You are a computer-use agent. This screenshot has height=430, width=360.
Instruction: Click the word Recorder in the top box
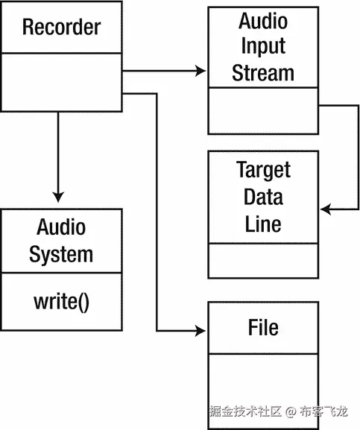[x=61, y=28]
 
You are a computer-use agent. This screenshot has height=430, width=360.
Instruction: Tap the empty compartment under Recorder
[x=61, y=81]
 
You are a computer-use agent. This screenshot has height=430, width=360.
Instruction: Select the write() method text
[x=61, y=303]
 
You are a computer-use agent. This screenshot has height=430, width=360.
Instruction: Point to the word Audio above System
[x=61, y=227]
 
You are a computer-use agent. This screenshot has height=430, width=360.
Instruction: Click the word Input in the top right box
[x=263, y=46]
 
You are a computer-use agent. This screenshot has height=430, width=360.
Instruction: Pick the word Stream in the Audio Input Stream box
[x=263, y=72]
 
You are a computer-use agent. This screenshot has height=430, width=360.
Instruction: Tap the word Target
[x=263, y=170]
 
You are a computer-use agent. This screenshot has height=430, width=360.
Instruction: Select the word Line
[x=263, y=223]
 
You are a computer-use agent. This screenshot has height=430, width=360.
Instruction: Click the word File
[x=263, y=327]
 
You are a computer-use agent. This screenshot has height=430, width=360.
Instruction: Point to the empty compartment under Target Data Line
[x=263, y=261]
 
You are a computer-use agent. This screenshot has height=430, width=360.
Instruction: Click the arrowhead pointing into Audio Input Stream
[x=200, y=71]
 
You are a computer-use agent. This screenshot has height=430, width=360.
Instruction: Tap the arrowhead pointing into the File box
[x=200, y=330]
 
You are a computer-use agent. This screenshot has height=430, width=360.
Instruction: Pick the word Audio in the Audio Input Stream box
[x=263, y=21]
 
